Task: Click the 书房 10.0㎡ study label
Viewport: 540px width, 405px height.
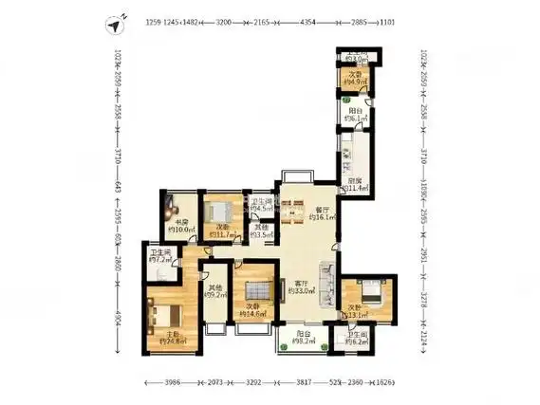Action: click(x=181, y=225)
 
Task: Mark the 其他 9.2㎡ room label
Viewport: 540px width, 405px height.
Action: click(x=215, y=291)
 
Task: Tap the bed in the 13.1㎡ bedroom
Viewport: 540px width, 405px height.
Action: click(x=368, y=293)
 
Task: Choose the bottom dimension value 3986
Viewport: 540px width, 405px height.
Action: click(x=170, y=382)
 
